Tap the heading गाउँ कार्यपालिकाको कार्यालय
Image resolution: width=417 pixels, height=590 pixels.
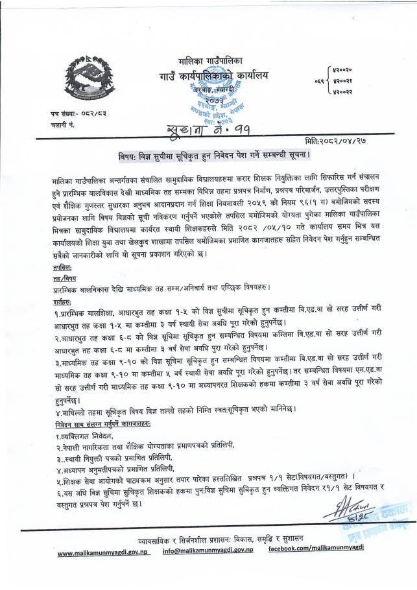(x=214, y=78)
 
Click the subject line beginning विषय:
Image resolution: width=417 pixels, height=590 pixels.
(x=207, y=156)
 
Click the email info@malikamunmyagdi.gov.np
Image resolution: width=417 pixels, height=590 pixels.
(x=208, y=550)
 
